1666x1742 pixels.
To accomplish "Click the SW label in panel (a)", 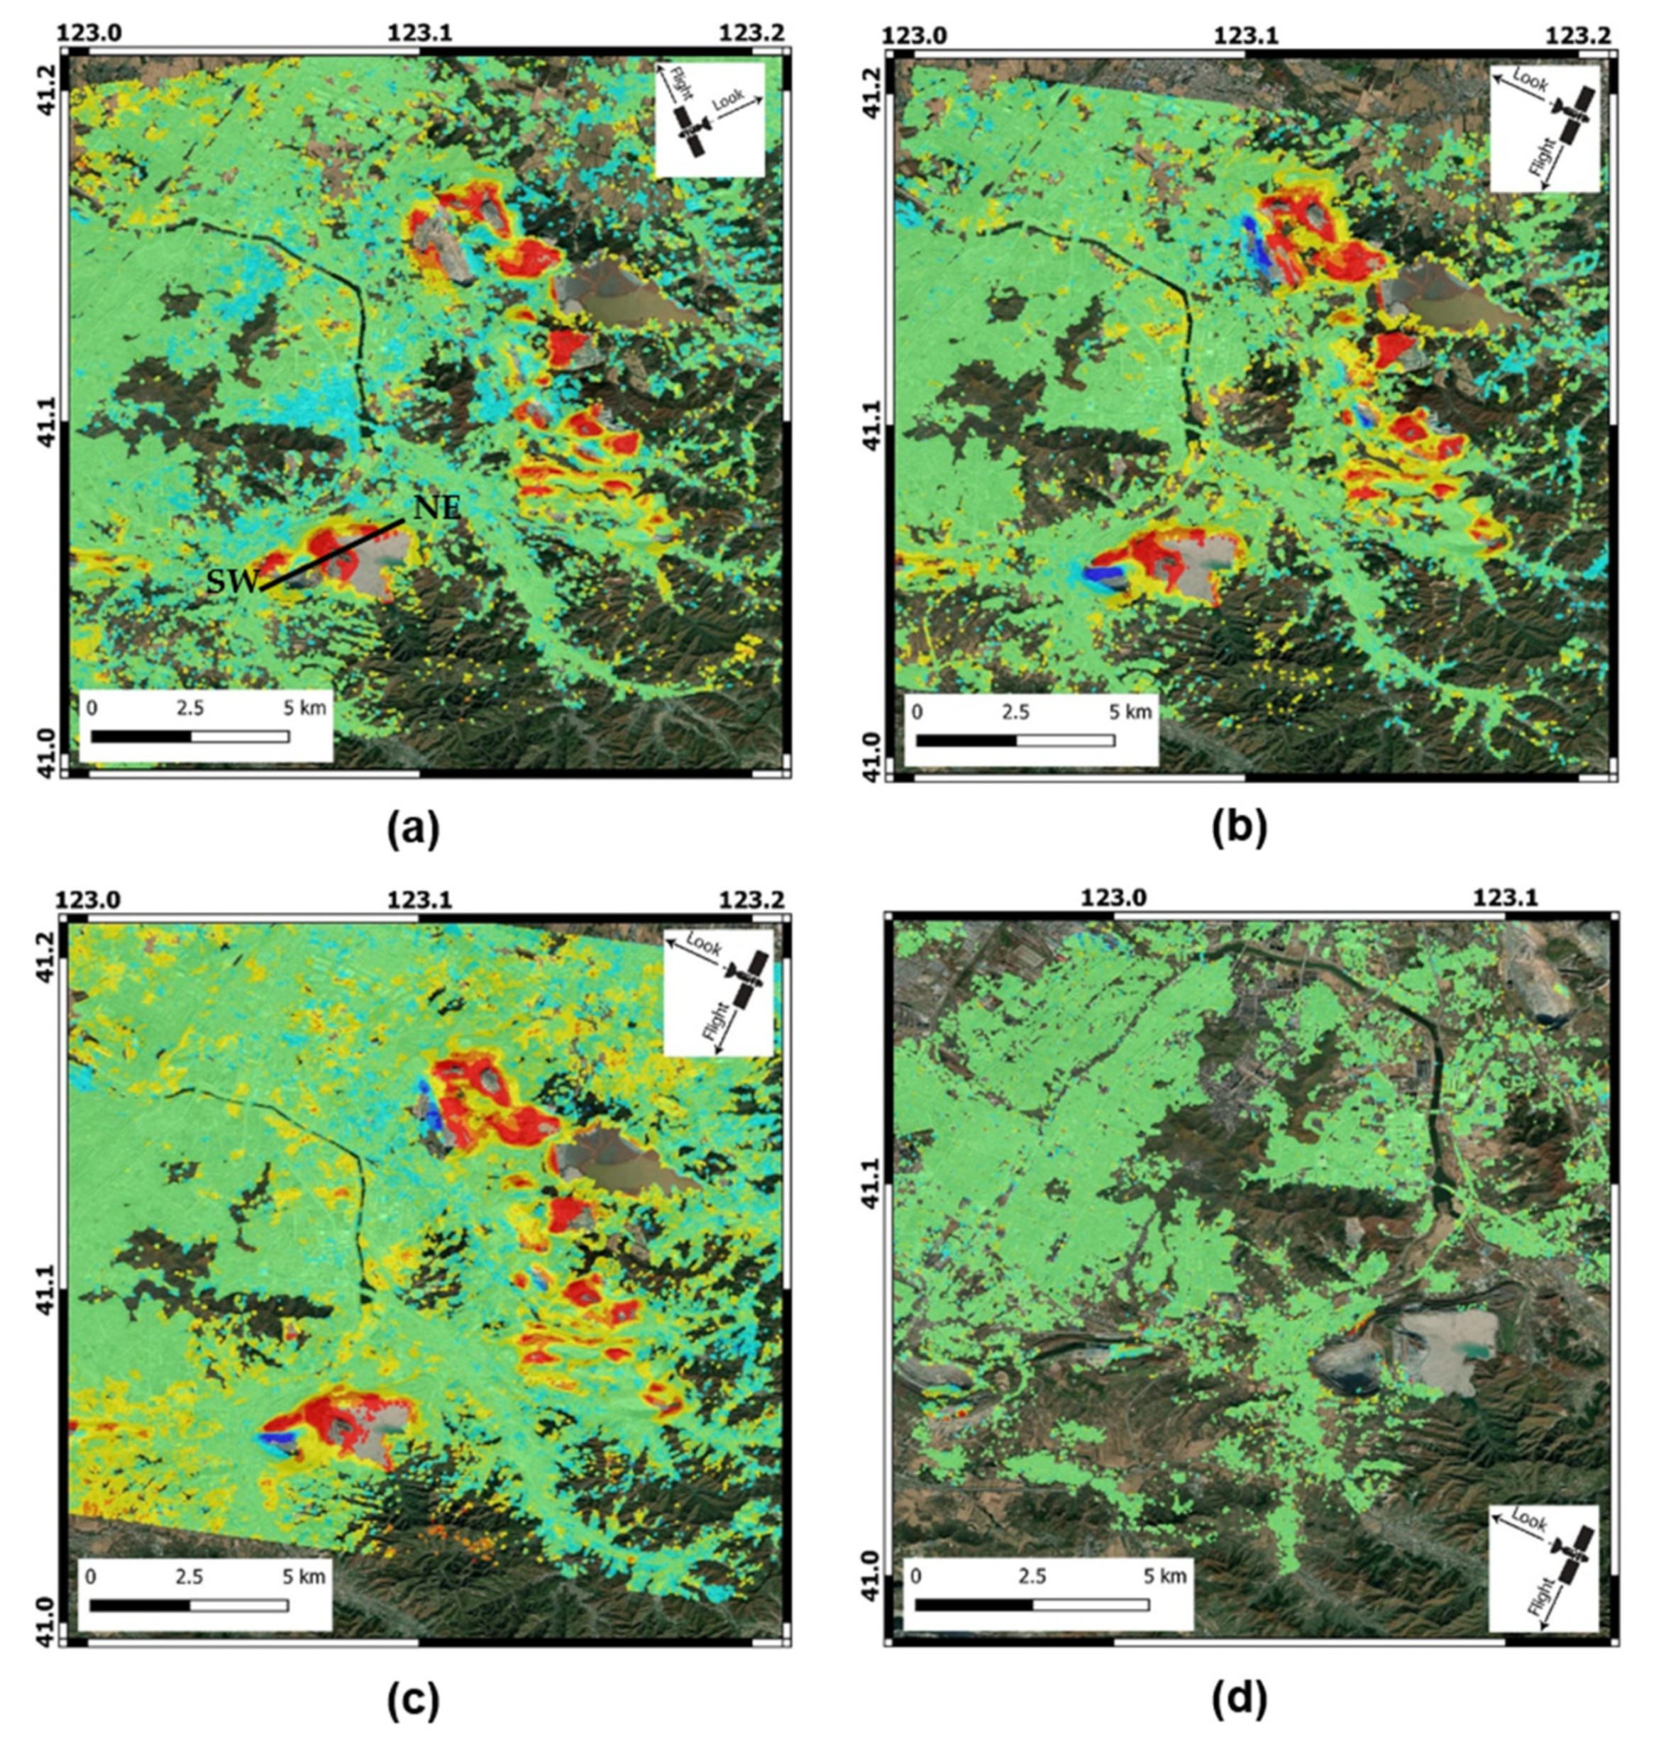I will (233, 582).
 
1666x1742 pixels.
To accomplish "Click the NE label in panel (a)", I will (436, 508).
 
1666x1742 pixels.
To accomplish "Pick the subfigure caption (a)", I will (413, 828).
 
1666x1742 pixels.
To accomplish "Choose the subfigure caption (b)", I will (1240, 828).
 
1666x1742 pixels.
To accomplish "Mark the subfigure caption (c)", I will (413, 1699).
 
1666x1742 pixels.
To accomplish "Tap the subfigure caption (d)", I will (1240, 1699).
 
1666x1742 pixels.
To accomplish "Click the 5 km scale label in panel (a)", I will (304, 709).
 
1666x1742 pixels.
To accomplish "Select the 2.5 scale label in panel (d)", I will (1032, 1576).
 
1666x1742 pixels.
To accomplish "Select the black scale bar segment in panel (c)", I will (140, 1605).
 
